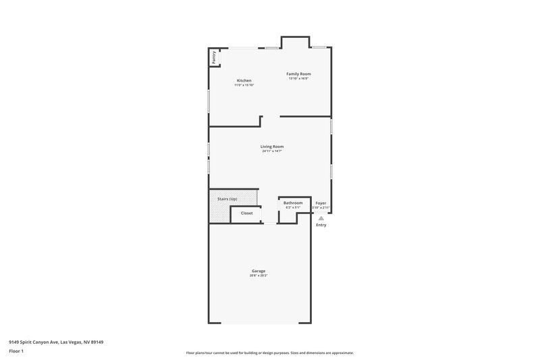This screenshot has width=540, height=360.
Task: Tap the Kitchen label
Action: pyautogui.click(x=244, y=80)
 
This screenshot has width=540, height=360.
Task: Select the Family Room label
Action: pyautogui.click(x=298, y=74)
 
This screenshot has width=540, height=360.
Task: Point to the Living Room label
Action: pyautogui.click(x=272, y=147)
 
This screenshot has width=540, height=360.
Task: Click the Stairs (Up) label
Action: pyautogui.click(x=227, y=199)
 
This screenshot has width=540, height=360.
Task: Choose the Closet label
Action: pyautogui.click(x=247, y=213)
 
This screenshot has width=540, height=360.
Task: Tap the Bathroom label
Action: pyautogui.click(x=293, y=203)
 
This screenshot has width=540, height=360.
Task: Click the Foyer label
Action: pyautogui.click(x=321, y=203)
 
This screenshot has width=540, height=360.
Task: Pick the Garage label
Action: pyautogui.click(x=259, y=271)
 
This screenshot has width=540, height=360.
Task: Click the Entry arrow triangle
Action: pyautogui.click(x=321, y=218)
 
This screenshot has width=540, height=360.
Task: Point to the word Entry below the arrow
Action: pyautogui.click(x=321, y=225)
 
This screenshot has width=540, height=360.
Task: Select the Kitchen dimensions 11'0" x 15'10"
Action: pyautogui.click(x=244, y=85)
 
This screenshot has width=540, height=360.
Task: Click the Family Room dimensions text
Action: pyautogui.click(x=298, y=78)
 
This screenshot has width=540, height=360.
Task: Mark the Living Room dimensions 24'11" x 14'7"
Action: pyautogui.click(x=272, y=151)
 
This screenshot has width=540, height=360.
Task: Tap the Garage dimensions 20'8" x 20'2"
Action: pyautogui.click(x=259, y=276)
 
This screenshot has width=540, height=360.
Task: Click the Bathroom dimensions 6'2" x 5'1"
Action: pyautogui.click(x=293, y=207)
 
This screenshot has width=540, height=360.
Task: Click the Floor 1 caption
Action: pyautogui.click(x=17, y=352)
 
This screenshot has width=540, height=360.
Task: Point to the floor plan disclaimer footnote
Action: pyautogui.click(x=270, y=353)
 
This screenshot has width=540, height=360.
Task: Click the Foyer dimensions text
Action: pyautogui.click(x=321, y=207)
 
